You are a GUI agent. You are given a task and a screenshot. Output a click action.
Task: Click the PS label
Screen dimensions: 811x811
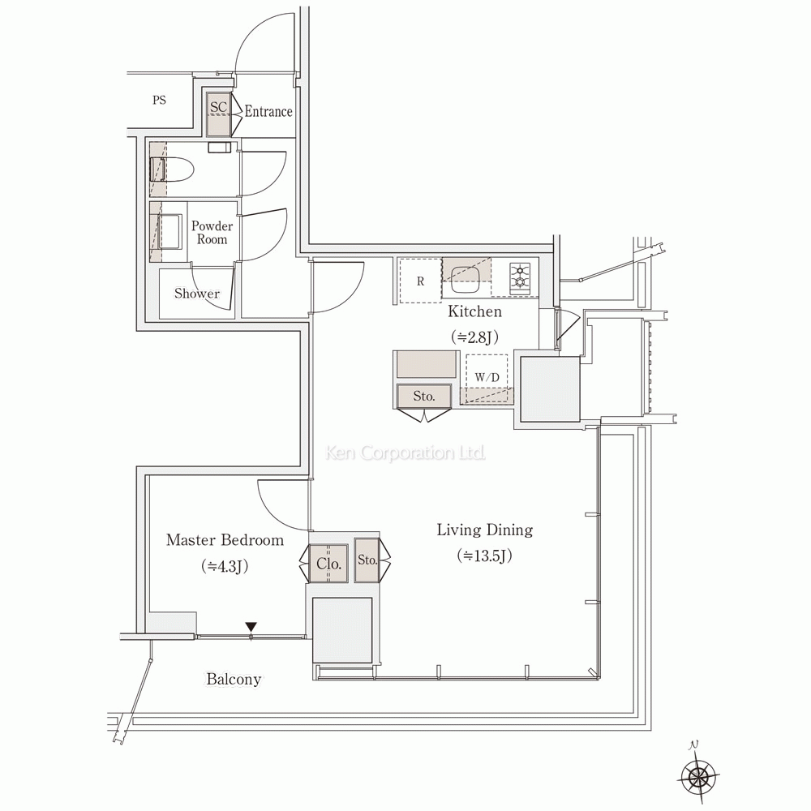coord(159,101)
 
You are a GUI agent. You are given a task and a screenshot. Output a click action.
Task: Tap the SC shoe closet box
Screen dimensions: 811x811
coord(217,113)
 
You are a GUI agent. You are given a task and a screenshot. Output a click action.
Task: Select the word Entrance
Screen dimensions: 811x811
coord(268,112)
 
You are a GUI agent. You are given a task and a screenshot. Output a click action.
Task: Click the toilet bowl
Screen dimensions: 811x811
coord(174,169)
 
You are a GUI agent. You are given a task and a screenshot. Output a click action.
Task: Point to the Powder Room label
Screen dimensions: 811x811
coord(212,233)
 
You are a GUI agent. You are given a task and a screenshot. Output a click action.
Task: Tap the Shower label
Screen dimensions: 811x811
coord(197,294)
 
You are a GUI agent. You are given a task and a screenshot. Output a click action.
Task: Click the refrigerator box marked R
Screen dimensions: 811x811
coord(420,281)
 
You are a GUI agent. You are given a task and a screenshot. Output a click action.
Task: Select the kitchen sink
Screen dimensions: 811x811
coord(466,277)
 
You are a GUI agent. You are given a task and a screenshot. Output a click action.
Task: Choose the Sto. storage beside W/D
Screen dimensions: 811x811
coord(424,397)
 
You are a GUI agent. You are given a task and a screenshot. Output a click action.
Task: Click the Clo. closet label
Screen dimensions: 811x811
coord(328,562)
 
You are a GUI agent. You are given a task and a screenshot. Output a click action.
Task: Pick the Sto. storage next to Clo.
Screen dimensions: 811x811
coord(367,560)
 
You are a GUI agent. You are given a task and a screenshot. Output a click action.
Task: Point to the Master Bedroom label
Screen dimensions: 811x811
coord(225,540)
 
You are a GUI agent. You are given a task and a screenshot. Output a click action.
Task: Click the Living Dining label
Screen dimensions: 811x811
coord(484,530)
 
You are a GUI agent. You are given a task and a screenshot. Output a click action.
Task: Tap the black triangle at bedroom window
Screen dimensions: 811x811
coord(251,627)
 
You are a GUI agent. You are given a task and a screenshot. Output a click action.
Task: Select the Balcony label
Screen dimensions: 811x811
coord(234,680)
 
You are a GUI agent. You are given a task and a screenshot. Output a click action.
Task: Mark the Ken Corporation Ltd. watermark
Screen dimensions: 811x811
coord(405,453)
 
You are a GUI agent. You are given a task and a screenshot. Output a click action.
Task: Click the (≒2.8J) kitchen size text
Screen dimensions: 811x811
coord(475,337)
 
